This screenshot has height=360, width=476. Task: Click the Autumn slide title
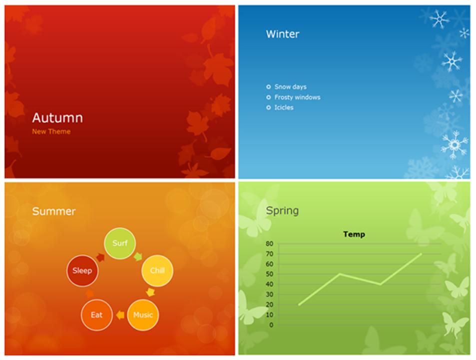pos(57,118)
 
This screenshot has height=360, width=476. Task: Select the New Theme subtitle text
pos(51,132)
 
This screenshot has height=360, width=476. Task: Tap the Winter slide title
pos(283,34)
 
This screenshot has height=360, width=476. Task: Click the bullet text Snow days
pos(290,87)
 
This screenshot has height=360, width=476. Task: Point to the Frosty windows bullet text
pos(297,97)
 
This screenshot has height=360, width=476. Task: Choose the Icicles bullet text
pos(284,107)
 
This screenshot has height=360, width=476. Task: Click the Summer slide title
pos(54,211)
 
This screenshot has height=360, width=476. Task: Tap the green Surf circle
pos(120,243)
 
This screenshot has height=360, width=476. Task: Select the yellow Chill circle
pos(157,271)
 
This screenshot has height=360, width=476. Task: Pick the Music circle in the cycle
pos(143,315)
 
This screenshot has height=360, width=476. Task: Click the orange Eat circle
pos(96,315)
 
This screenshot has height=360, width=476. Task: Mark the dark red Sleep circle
pos(82,271)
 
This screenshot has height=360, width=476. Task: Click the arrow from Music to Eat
pos(120,315)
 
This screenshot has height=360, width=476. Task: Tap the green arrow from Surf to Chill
pos(138,257)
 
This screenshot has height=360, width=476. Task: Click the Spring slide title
pos(282,210)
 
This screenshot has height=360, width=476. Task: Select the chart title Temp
pos(354,234)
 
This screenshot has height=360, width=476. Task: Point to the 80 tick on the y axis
pos(269,244)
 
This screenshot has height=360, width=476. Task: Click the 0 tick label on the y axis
pos(271,325)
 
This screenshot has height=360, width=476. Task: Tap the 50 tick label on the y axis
pos(269,274)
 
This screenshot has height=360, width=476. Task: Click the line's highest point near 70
pos(421,253)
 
